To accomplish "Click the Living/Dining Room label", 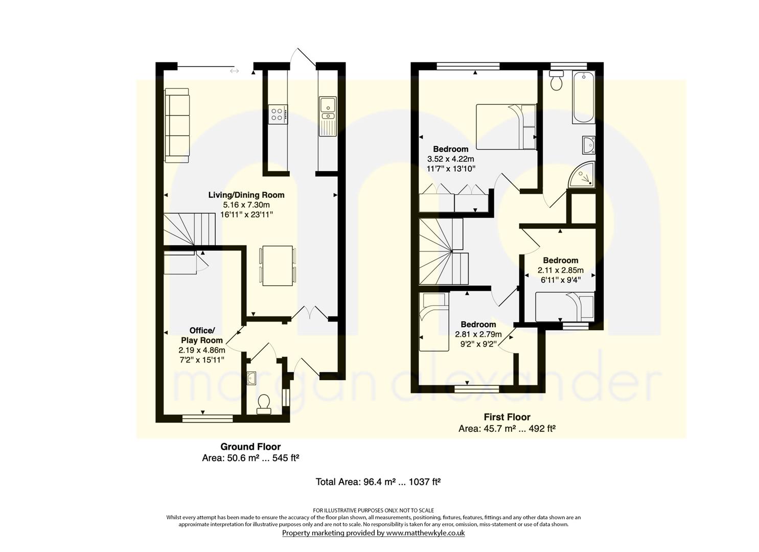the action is coord(246,195).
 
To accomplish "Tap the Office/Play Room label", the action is coord(201,335).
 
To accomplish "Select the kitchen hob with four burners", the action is coord(278,114).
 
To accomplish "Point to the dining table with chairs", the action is coord(278,266).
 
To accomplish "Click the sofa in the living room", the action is coord(177,125).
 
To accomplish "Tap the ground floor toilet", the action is coord(264,404).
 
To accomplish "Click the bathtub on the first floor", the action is coord(584,97).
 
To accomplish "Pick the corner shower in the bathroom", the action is coord(583,174).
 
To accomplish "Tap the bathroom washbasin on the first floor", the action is coord(589,145).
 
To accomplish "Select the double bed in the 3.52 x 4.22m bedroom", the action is coord(506,127).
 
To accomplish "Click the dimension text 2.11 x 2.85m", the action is coord(561,270).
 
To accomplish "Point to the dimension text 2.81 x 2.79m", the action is coord(478,334).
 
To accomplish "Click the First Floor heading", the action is coord(507,417).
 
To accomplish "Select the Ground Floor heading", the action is coord(250,447).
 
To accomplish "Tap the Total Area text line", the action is coord(378,481).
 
